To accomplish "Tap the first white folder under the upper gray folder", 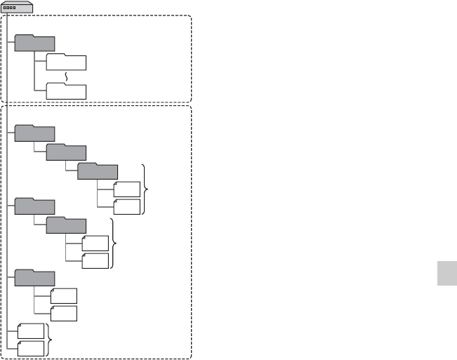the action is [66, 62].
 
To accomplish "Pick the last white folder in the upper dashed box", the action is [66, 91].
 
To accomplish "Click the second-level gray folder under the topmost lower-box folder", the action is [66, 152].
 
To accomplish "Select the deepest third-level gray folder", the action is [98, 171].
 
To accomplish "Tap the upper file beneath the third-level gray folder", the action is [127, 189].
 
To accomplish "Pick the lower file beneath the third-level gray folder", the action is [127, 206].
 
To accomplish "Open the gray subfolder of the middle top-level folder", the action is [66, 225].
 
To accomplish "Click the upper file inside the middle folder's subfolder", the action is [95, 243].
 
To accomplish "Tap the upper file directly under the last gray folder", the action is [64, 295].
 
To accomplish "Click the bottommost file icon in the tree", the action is [32, 347].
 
